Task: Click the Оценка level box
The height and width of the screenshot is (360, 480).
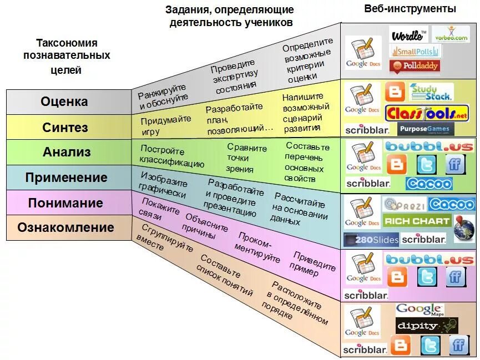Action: (x=64, y=102)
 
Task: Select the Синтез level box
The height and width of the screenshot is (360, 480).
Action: (x=64, y=127)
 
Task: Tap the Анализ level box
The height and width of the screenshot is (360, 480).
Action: (x=64, y=152)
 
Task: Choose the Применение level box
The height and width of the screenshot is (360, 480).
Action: (x=64, y=178)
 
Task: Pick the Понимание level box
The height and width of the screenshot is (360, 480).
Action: (x=64, y=203)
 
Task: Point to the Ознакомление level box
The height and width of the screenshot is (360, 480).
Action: (x=64, y=228)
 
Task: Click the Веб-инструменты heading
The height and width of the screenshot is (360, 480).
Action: (x=410, y=9)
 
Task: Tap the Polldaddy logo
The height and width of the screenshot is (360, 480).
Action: (x=415, y=66)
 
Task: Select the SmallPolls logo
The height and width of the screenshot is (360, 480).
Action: (x=416, y=51)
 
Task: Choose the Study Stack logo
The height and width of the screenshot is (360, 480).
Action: (x=431, y=91)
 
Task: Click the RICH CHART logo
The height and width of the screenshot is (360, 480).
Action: (x=416, y=221)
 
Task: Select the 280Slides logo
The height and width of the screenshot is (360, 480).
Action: (x=371, y=240)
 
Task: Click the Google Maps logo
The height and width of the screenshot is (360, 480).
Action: (x=420, y=310)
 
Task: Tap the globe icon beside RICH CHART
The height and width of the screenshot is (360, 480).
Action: (x=464, y=228)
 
